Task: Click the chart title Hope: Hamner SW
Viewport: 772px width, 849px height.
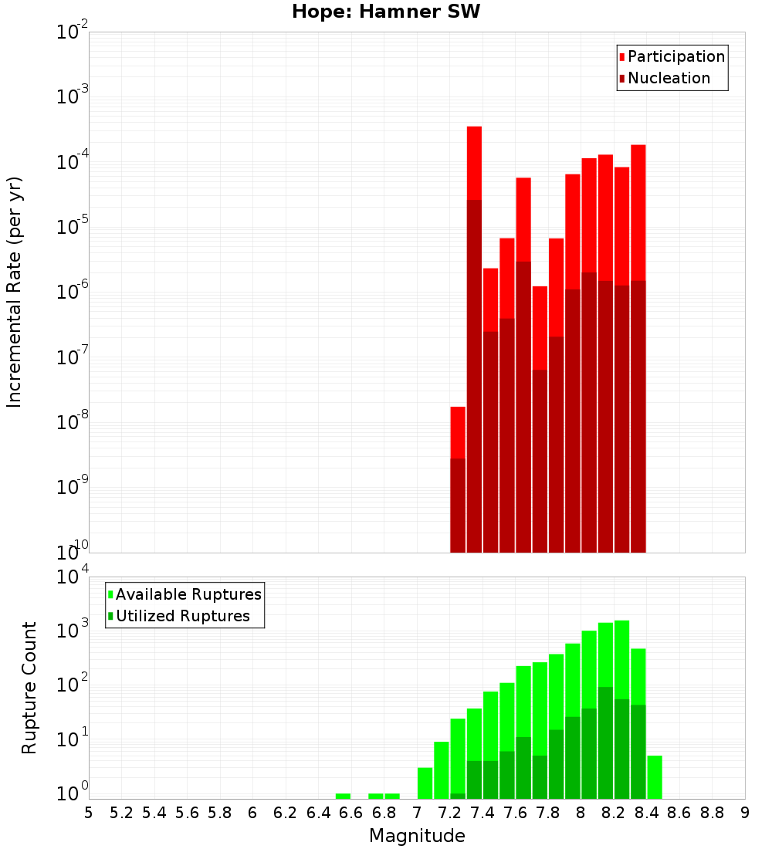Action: (386, 12)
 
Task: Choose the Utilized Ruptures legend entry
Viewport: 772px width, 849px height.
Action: (182, 616)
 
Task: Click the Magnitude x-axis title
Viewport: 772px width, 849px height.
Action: (417, 836)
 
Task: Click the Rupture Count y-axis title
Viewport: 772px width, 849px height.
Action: (29, 687)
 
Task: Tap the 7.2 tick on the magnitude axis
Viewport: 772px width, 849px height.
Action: (449, 813)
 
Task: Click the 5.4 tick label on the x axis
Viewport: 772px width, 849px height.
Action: (154, 813)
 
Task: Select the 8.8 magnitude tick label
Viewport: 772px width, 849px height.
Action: (712, 813)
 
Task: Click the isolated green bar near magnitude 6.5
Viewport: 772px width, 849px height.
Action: (343, 796)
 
